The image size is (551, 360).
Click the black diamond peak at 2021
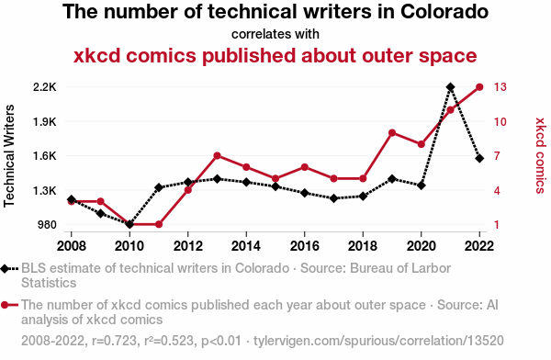pyautogui.click(x=450, y=87)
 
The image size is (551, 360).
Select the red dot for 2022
pyautogui.click(x=479, y=87)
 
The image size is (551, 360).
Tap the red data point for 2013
pyautogui.click(x=217, y=155)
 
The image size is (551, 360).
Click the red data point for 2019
pyautogui.click(x=392, y=133)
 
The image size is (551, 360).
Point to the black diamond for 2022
pyautogui.click(x=479, y=158)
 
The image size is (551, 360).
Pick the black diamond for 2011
pyautogui.click(x=159, y=187)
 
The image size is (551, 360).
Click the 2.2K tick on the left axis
pyautogui.click(x=44, y=87)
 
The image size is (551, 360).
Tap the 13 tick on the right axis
pyautogui.click(x=500, y=87)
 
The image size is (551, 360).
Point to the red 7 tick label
pyautogui.click(x=498, y=156)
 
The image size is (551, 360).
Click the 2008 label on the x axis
pyautogui.click(x=71, y=246)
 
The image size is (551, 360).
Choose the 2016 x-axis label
pyautogui.click(x=304, y=246)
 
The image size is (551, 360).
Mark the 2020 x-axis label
pyautogui.click(x=421, y=246)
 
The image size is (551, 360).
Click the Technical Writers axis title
pyautogui.click(x=11, y=155)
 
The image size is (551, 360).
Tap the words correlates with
pyautogui.click(x=275, y=34)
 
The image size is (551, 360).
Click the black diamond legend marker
pyautogui.click(x=8, y=269)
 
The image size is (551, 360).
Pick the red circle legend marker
pyautogui.click(x=8, y=304)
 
